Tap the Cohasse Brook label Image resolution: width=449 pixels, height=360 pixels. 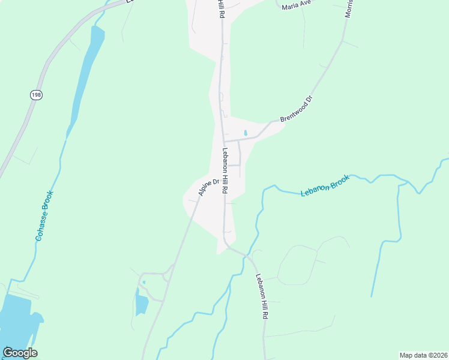[x=45, y=216]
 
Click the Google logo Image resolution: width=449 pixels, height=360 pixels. [x=20, y=353]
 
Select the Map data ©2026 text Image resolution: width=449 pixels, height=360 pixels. [x=423, y=355]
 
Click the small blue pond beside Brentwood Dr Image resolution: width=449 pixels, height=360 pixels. [x=245, y=133]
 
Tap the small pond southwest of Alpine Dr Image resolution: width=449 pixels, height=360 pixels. [x=142, y=303]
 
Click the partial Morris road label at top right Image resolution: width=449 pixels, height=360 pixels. [x=349, y=8]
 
